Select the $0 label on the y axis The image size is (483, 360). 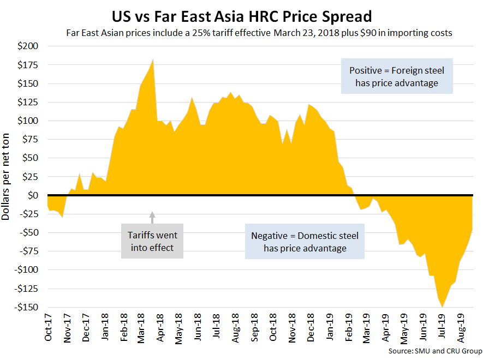click(x=32, y=195)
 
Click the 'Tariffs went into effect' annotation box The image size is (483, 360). click(x=152, y=241)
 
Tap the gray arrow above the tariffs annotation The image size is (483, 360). click(x=152, y=217)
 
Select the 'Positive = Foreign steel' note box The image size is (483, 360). click(x=397, y=76)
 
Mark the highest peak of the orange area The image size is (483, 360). click(x=153, y=59)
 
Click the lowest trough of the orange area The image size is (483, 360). click(x=442, y=307)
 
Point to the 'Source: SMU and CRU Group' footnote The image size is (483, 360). click(x=436, y=350)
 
